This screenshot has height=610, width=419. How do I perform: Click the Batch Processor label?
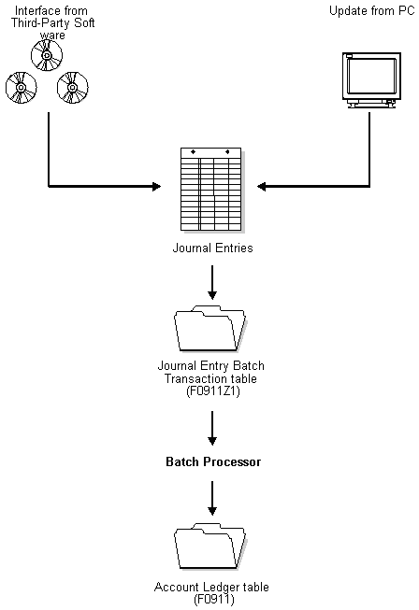click(213, 462)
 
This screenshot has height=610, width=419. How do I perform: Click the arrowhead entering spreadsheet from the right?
click(264, 188)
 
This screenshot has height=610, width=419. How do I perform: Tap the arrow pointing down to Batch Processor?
click(212, 427)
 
